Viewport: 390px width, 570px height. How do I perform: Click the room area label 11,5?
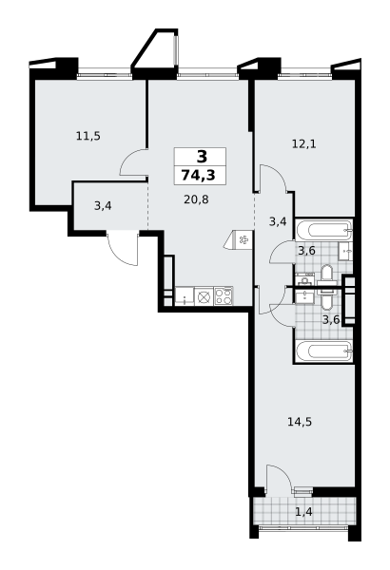click(x=88, y=136)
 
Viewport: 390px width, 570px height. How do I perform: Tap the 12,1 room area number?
click(x=304, y=144)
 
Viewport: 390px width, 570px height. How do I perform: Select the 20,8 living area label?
click(x=196, y=199)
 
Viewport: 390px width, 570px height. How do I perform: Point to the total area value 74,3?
click(x=200, y=175)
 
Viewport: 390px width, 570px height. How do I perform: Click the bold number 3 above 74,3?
click(x=202, y=157)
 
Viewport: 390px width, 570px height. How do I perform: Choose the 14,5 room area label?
click(x=300, y=423)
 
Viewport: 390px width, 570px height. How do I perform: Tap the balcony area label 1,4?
click(x=303, y=512)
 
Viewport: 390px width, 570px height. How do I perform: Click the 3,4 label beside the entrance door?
click(x=103, y=206)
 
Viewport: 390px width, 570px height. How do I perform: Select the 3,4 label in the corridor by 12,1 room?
click(x=278, y=221)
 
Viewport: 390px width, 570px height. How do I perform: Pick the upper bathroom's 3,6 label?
click(x=306, y=251)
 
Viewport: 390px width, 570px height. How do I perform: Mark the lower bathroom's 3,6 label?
click(x=331, y=320)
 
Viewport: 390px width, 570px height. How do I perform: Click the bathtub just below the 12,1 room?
click(x=323, y=230)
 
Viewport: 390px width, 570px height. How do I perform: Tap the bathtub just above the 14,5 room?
click(x=323, y=351)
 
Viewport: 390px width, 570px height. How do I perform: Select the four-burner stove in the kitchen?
click(x=224, y=295)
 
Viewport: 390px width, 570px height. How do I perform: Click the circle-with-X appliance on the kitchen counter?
click(x=204, y=296)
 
